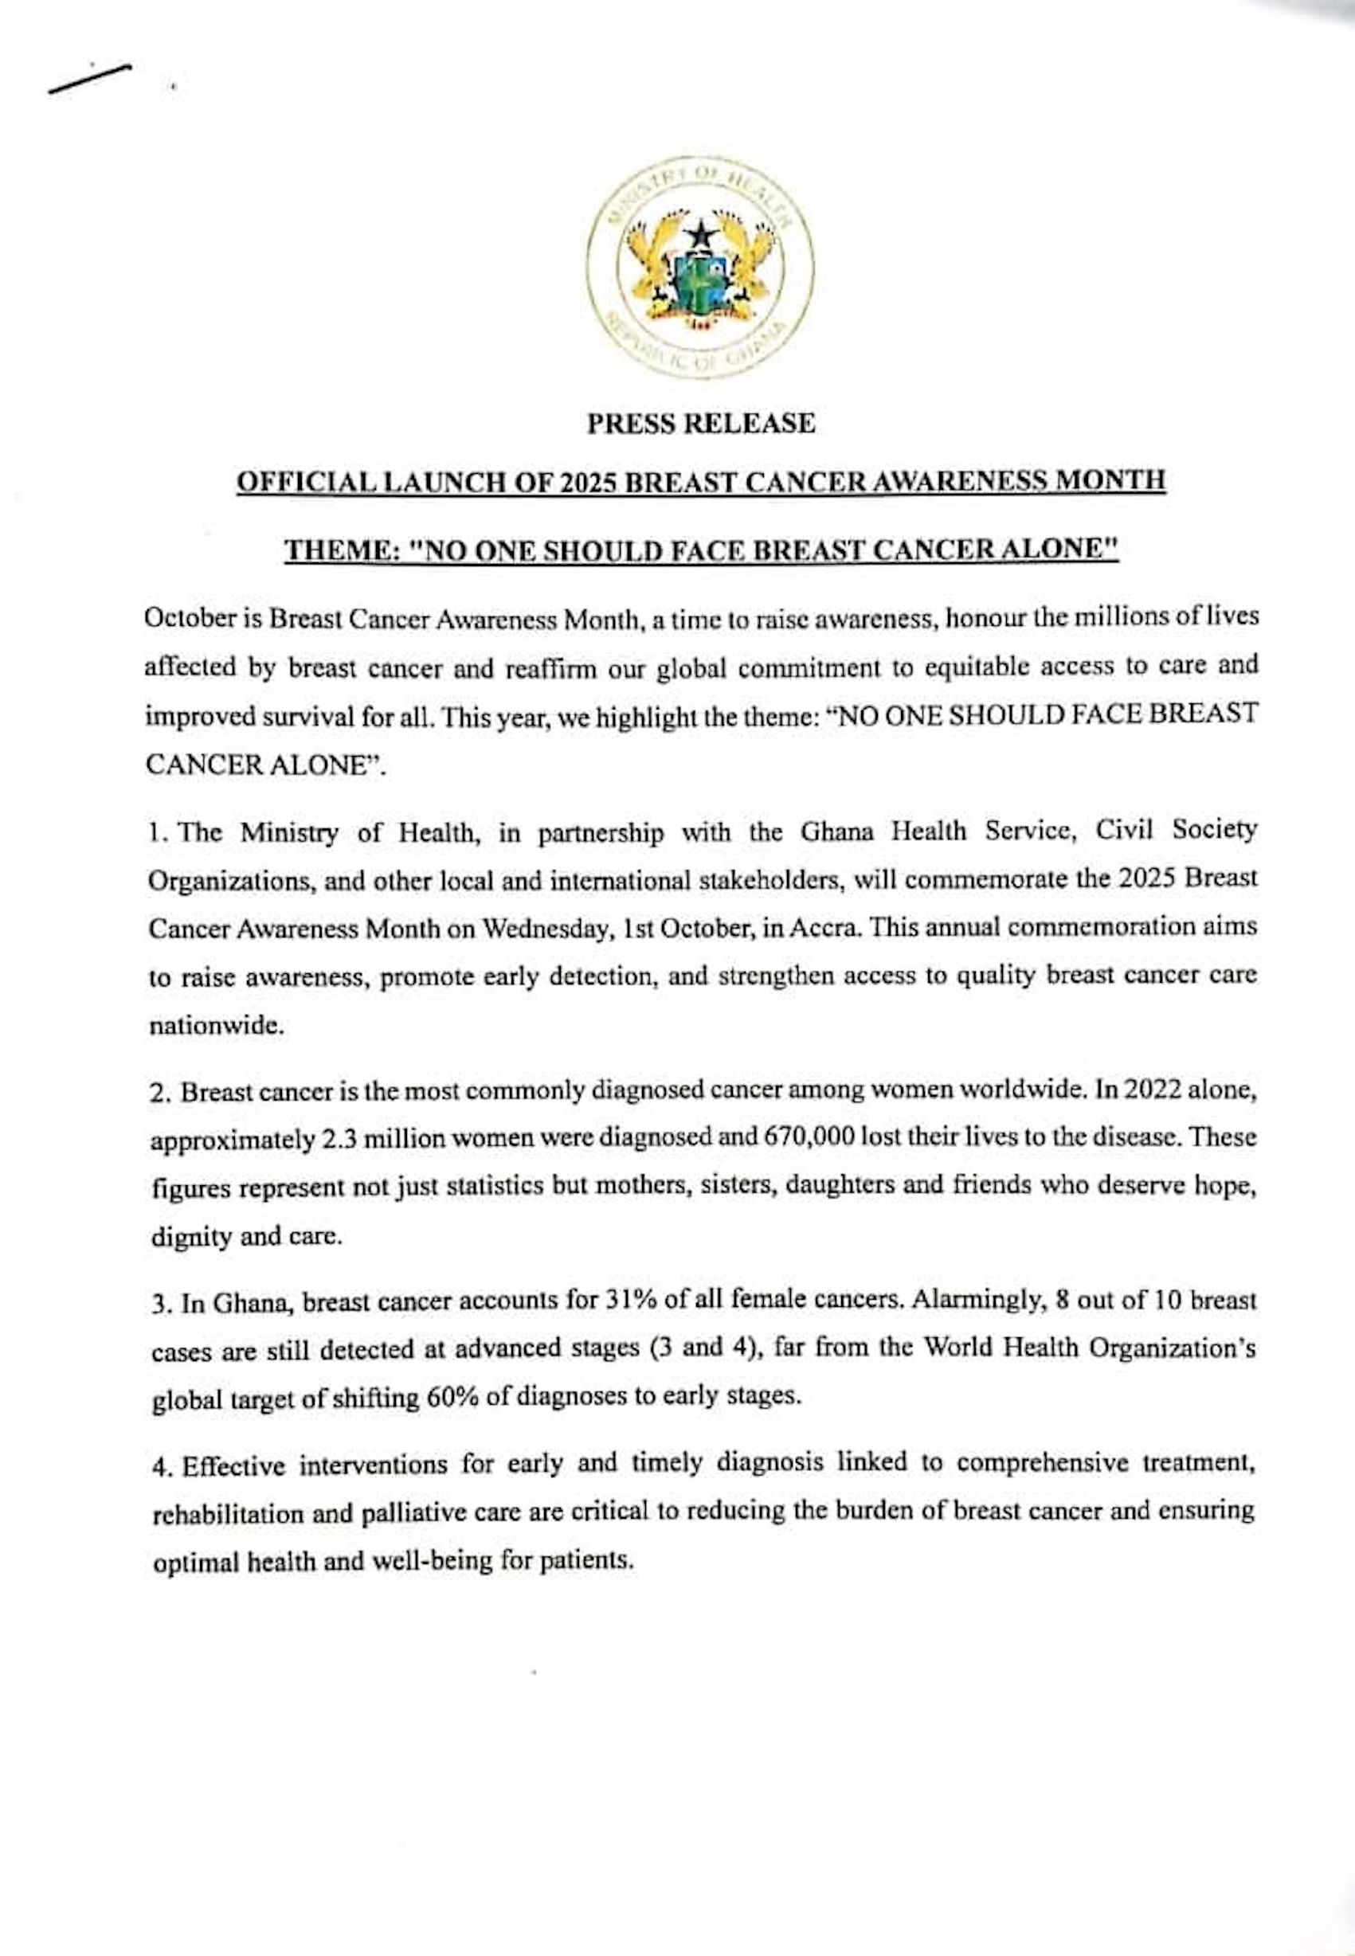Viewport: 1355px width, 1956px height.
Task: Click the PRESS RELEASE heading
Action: click(700, 423)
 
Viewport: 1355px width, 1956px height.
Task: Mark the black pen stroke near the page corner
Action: click(89, 78)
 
